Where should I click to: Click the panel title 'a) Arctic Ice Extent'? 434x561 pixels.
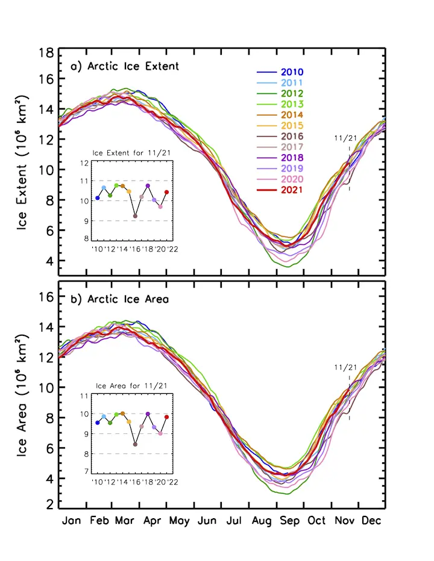point(125,66)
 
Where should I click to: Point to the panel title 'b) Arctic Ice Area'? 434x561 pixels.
point(119,299)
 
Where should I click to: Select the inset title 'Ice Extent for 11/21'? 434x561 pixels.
point(130,153)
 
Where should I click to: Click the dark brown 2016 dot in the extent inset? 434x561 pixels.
point(135,216)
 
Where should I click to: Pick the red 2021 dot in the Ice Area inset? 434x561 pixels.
point(167,417)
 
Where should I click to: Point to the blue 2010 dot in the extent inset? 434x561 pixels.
point(98,198)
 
